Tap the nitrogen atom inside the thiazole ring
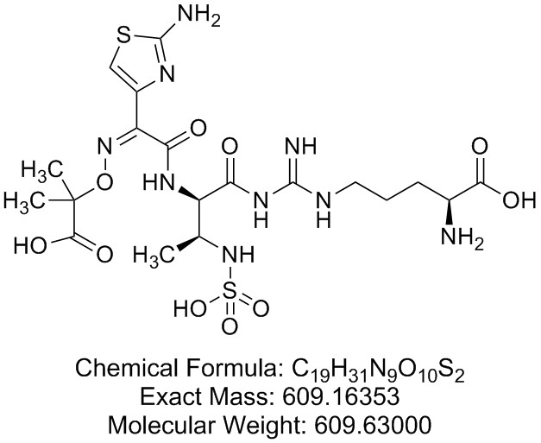click(x=167, y=73)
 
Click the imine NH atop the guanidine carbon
click(x=301, y=146)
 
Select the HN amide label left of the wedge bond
click(x=159, y=181)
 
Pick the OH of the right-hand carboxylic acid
click(x=519, y=199)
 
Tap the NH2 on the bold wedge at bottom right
click(x=462, y=237)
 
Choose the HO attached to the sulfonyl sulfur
click(x=190, y=308)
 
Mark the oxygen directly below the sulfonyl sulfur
click(x=230, y=326)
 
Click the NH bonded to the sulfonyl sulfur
click(x=238, y=255)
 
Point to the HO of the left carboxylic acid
click(x=29, y=245)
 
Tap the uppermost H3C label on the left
click(x=44, y=170)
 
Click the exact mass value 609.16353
click(x=341, y=396)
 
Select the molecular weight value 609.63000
click(x=374, y=424)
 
